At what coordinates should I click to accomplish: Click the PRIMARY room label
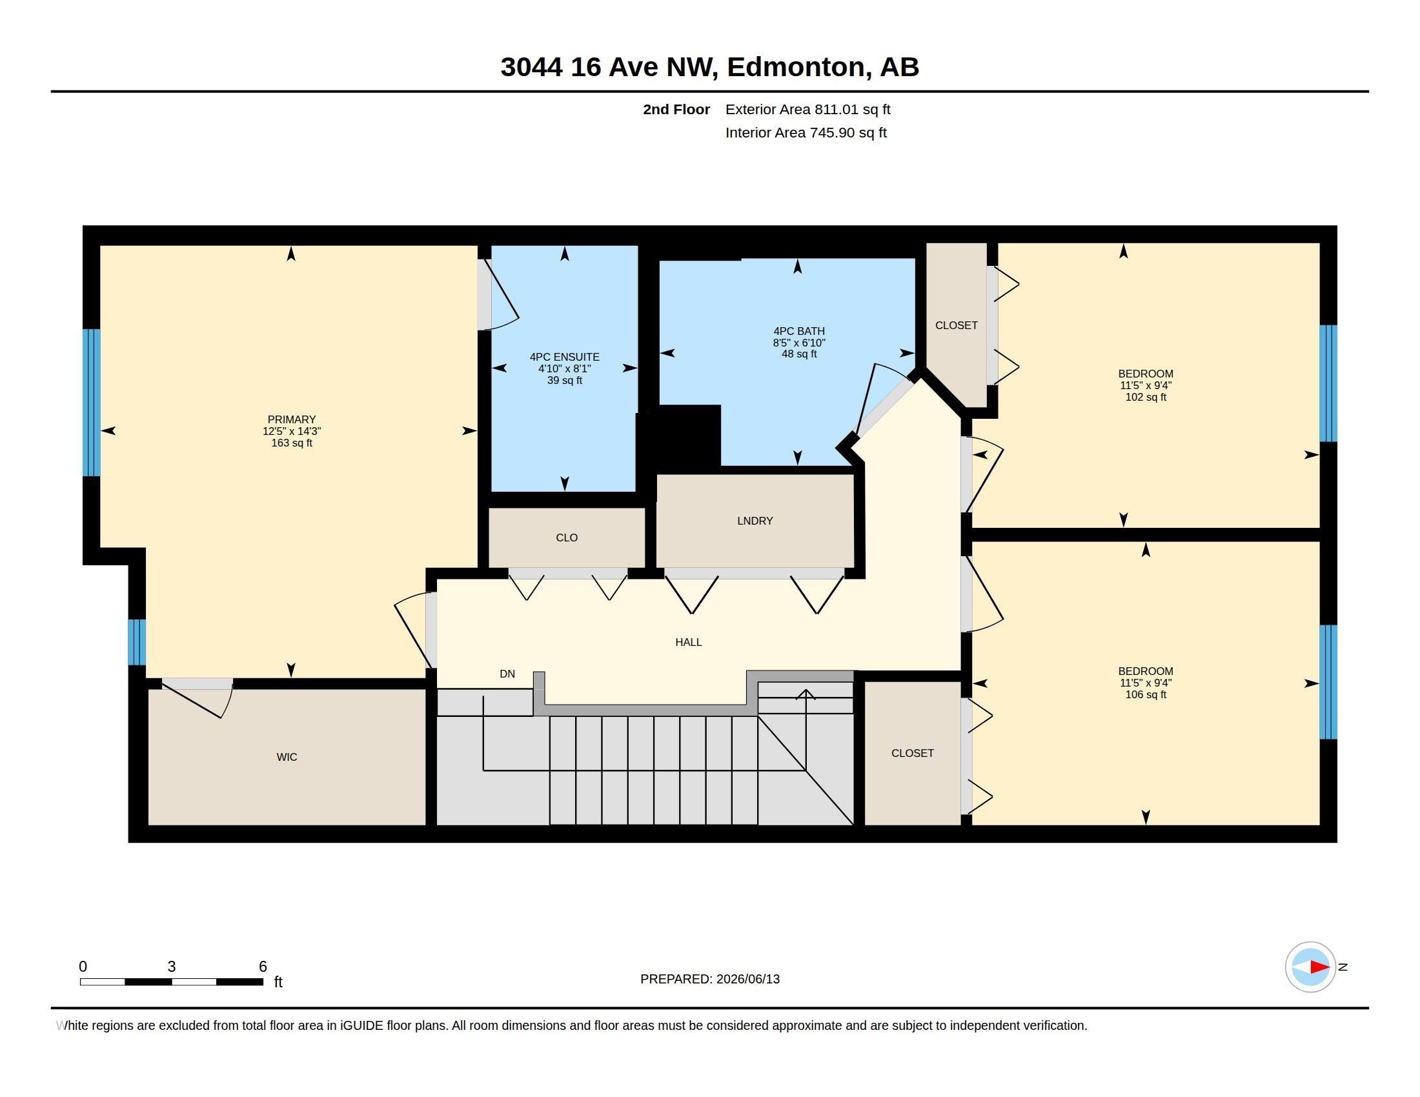[x=291, y=420]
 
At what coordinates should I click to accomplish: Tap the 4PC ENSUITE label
[x=564, y=357]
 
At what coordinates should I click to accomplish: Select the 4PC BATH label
[x=799, y=332]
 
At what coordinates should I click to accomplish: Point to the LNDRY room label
[x=755, y=521]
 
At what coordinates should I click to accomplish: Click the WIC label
[x=287, y=757]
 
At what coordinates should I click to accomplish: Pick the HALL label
[x=689, y=643]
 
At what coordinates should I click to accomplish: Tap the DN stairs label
[x=507, y=674]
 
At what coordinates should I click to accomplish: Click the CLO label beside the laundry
[x=567, y=538]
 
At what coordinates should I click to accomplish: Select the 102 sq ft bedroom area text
[x=1146, y=397]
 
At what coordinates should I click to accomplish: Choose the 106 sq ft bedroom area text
[x=1146, y=695]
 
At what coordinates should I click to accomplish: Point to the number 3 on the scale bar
[x=172, y=967]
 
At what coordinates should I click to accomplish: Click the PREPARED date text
[x=710, y=980]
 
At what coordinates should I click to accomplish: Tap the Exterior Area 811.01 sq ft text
[x=807, y=110]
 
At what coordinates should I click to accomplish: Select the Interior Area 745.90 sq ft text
[x=806, y=133]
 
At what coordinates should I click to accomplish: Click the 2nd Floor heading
[x=676, y=110]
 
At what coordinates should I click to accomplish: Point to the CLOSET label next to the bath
[x=957, y=326]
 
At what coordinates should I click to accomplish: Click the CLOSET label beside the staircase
[x=912, y=753]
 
